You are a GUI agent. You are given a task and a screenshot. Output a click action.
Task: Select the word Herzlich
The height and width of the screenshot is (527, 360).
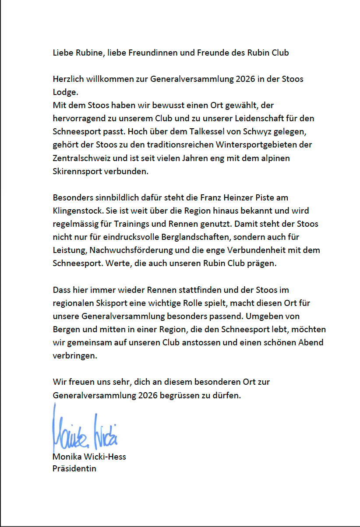pos(68,79)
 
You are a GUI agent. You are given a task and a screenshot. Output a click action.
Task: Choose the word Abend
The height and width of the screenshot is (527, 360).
pos(311,342)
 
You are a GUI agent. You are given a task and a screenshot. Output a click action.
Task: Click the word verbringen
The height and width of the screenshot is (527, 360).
pos(74,355)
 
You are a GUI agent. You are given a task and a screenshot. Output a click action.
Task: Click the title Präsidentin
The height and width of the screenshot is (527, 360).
pos(74,468)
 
